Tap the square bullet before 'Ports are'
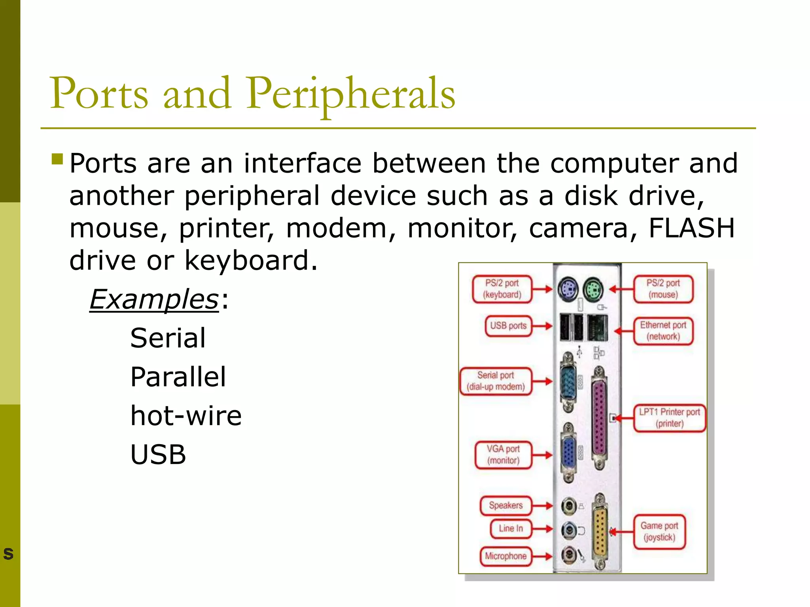coord(57,159)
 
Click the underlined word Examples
coord(154,300)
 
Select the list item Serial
coord(168,338)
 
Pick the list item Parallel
coord(178,377)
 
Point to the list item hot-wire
coord(186,416)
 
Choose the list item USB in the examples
coord(158,454)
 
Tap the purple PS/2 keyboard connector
coord(568,289)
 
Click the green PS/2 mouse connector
coord(592,290)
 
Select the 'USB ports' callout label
coord(508,326)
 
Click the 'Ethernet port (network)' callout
coord(663,331)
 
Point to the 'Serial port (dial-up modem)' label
coord(496,381)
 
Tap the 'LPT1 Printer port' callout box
coord(669,418)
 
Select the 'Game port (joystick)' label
coord(659,532)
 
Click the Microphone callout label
coord(505,556)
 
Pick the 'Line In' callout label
coord(511,529)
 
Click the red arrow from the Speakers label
coord(542,506)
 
